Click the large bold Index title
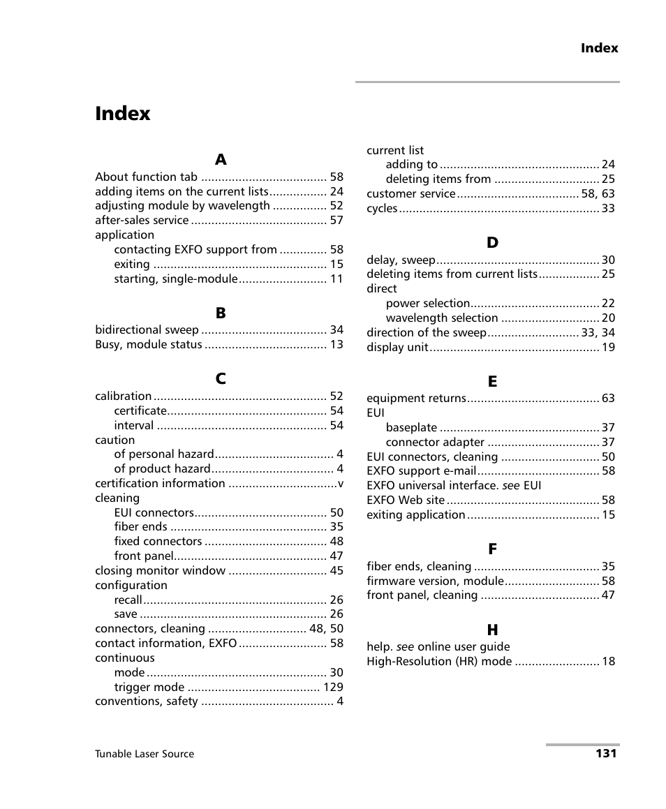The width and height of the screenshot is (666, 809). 123,114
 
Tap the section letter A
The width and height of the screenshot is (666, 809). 221,160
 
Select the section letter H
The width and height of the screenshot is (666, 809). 492,630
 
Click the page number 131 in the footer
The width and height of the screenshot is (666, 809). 606,753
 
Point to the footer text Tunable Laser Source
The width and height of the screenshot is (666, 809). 145,754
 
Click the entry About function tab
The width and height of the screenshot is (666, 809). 146,177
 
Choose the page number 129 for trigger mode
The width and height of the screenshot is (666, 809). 332,688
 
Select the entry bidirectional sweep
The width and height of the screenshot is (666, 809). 147,330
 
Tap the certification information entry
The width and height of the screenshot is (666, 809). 160,484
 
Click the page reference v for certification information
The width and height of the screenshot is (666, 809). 340,484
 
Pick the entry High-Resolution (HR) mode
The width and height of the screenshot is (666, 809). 439,662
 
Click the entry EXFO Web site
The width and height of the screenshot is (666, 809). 406,500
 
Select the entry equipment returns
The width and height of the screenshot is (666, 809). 416,399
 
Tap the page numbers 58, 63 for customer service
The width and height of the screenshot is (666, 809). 598,194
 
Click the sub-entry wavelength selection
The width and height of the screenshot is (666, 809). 441,318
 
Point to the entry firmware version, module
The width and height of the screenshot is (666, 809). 435,581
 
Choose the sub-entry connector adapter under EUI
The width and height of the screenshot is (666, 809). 435,443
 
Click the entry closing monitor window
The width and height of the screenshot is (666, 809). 161,571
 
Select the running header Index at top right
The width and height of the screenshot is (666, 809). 599,48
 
